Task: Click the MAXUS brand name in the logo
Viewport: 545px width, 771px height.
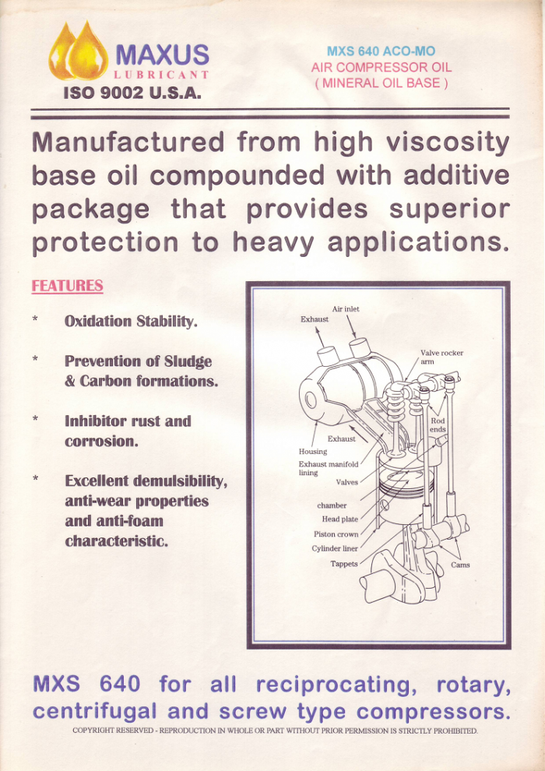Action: [x=162, y=55]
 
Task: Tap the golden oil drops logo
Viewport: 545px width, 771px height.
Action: [x=78, y=51]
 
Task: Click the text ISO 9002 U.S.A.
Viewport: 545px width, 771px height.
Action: [x=132, y=93]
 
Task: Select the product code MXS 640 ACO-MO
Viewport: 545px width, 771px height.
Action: [x=381, y=51]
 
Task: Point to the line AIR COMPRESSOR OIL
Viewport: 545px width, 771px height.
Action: [x=381, y=67]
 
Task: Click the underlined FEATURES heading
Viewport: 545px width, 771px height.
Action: [x=67, y=286]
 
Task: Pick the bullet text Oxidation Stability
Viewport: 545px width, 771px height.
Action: [x=131, y=322]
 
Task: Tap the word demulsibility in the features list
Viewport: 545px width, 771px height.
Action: [x=180, y=481]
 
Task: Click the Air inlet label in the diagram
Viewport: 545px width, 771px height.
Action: [x=346, y=309]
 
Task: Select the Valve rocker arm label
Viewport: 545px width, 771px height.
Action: [x=441, y=357]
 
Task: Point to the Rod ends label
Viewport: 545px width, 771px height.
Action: [x=438, y=425]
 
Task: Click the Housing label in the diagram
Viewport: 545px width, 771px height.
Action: [x=312, y=452]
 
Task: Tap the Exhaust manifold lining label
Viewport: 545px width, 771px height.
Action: [x=329, y=468]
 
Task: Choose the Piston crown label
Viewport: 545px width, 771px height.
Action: [x=336, y=534]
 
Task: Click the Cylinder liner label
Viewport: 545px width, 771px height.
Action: [x=335, y=549]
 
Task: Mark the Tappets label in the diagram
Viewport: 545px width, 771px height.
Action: [x=344, y=564]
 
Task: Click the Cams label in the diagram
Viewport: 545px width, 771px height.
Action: [x=460, y=565]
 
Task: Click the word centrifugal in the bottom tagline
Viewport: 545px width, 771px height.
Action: [x=95, y=712]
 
